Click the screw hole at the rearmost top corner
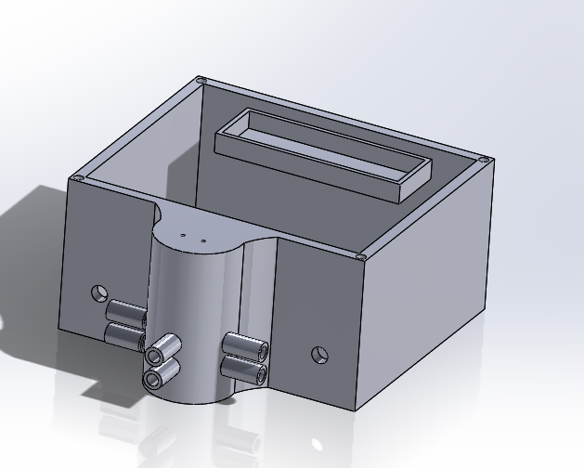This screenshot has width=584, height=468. coord(201,82)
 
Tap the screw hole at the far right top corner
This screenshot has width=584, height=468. coord(484,160)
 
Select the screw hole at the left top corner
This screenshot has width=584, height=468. coord(78,178)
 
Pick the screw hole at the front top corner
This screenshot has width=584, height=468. coord(360,257)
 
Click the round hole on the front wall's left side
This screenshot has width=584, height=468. coord(99,294)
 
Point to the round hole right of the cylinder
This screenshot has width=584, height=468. coord(319,354)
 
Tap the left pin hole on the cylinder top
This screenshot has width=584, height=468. coord(184,236)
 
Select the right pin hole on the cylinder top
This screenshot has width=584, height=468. coord(203,240)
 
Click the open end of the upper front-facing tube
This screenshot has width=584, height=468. coord(154,355)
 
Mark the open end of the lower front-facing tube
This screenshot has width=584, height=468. coord(150,379)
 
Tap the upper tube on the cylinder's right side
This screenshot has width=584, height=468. coord(244,347)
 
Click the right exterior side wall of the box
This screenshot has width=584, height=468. coord(427,288)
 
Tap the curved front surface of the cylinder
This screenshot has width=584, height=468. coord(190,316)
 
